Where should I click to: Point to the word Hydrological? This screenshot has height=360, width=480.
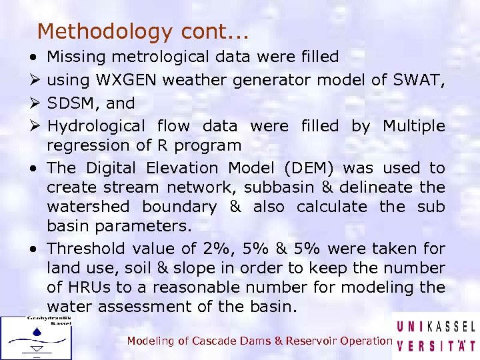(x=95, y=126)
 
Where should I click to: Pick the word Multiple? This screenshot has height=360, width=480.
(x=413, y=126)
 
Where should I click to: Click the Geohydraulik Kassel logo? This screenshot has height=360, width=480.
(x=36, y=337)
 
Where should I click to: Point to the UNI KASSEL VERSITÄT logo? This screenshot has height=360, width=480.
(x=436, y=336)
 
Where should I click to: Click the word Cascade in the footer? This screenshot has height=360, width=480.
(x=215, y=341)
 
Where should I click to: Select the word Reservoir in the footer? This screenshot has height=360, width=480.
(x=311, y=341)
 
